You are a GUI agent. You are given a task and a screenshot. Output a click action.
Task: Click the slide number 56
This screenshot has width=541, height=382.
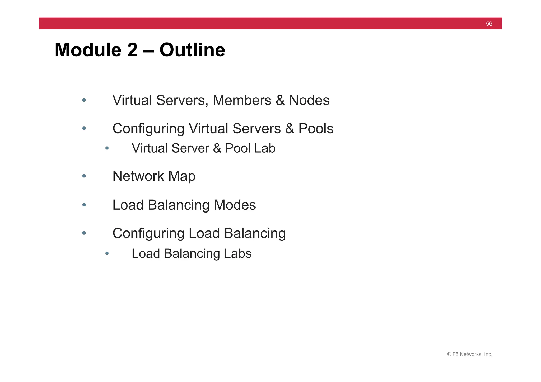click(x=489, y=24)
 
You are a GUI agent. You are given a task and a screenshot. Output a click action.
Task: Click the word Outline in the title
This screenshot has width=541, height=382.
click(x=192, y=50)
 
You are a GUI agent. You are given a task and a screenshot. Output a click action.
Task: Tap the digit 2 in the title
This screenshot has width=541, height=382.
click(x=132, y=50)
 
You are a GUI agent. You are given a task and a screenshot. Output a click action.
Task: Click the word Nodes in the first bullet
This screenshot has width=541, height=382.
click(x=309, y=100)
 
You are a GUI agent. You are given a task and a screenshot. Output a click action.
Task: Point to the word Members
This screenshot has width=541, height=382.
click(x=242, y=100)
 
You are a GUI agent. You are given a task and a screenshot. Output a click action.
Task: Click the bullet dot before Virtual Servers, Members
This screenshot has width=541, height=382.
click(x=84, y=100)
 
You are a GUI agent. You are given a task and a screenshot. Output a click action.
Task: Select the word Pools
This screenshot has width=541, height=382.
click(x=316, y=129)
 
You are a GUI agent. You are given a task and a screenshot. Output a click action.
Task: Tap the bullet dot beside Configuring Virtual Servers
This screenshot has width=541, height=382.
click(x=84, y=128)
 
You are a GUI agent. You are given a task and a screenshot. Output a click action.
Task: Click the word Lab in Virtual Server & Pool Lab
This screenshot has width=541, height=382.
click(x=264, y=148)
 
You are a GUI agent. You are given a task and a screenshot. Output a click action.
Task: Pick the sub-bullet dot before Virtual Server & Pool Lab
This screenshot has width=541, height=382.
click(x=107, y=148)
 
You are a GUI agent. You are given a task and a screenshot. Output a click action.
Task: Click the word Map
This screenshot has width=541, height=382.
click(x=182, y=176)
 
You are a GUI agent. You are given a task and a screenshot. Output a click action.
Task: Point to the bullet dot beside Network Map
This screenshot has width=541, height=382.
click(x=84, y=176)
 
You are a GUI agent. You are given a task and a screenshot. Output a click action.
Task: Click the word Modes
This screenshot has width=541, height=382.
click(x=235, y=205)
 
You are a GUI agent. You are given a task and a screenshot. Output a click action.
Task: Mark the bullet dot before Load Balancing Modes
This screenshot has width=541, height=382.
click(x=84, y=205)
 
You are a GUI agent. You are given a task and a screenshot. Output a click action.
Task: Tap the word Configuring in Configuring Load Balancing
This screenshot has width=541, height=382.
click(x=148, y=233)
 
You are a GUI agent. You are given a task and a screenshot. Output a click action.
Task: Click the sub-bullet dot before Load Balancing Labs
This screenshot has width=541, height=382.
click(x=107, y=253)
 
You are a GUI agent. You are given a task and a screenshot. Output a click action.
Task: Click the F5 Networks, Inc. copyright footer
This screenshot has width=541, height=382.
click(x=469, y=354)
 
